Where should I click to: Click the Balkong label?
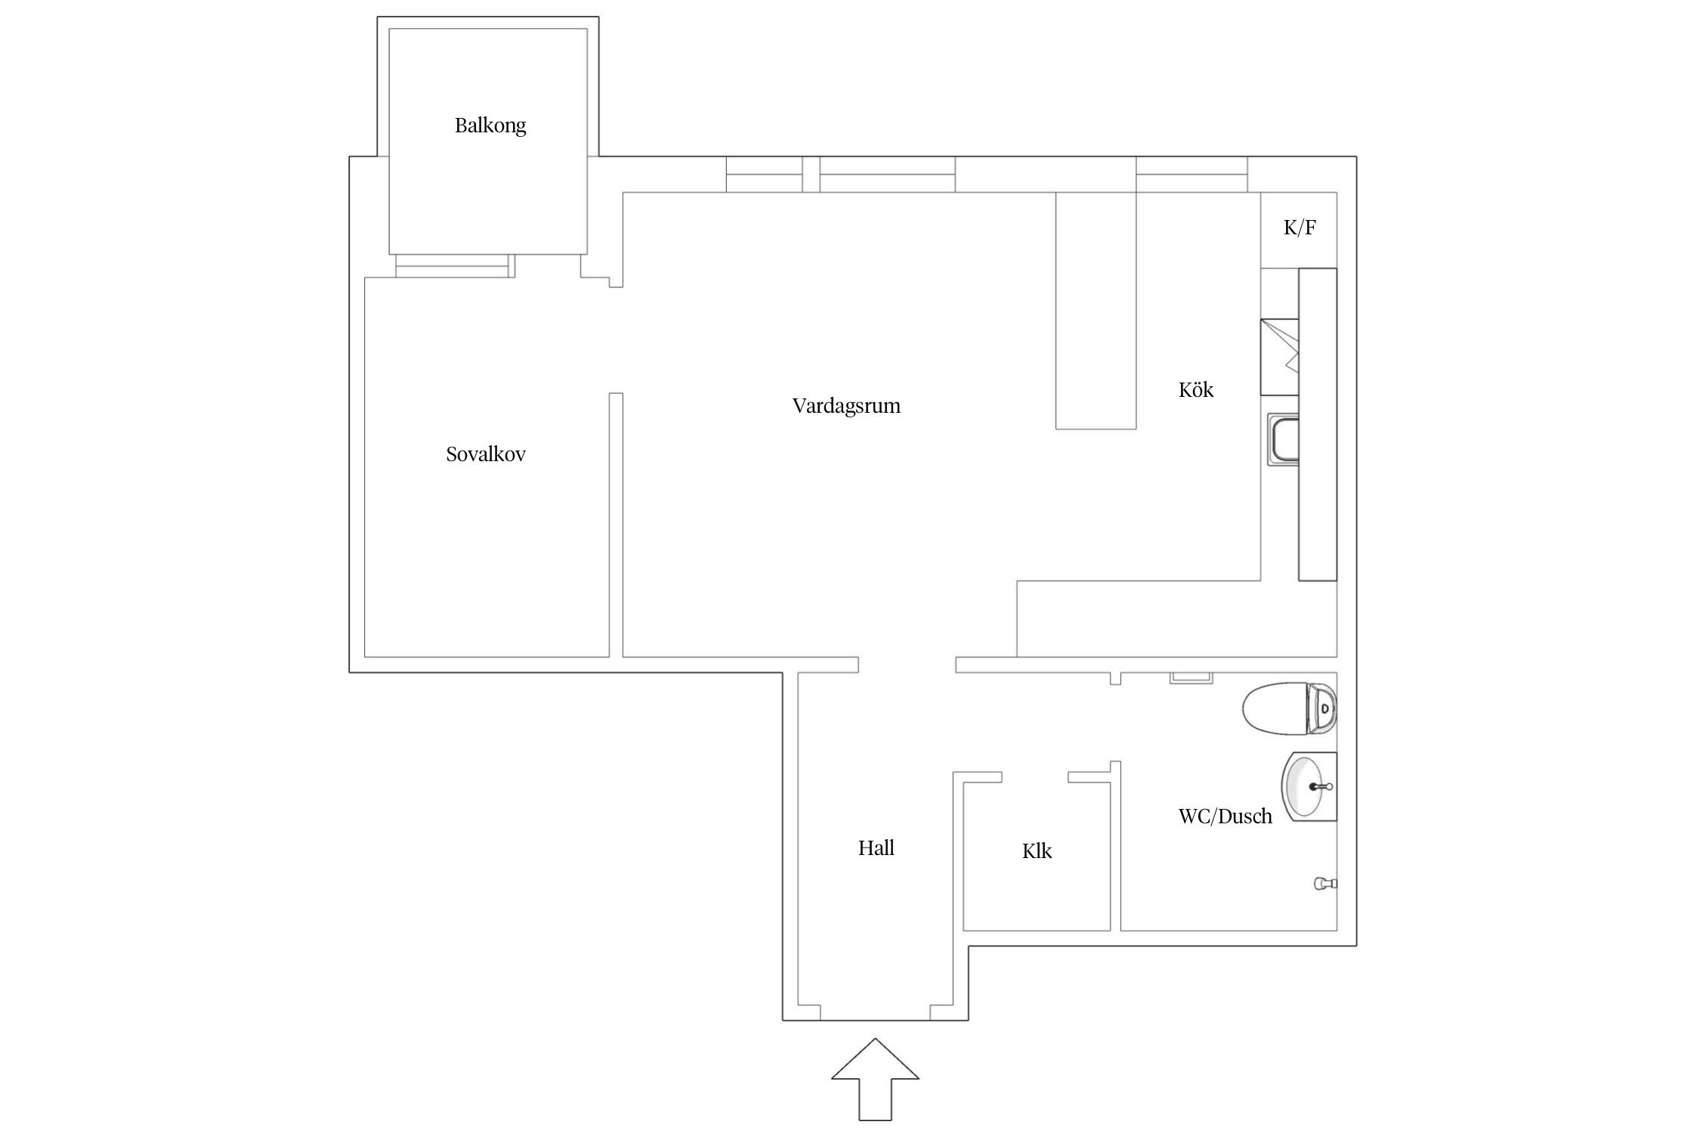tap(490, 125)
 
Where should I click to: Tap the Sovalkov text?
tap(486, 454)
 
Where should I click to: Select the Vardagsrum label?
tap(846, 406)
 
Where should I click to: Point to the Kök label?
tap(1196, 390)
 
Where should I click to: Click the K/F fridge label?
tap(1300, 228)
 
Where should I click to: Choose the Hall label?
tap(876, 848)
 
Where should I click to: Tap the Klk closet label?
tap(1037, 851)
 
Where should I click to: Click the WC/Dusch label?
tap(1226, 816)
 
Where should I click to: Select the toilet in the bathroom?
tap(1290, 708)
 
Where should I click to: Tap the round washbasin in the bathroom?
tap(1309, 786)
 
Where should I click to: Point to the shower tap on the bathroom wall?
tap(1326, 882)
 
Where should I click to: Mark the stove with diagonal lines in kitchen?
tap(1279, 357)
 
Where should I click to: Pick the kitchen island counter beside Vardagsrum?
tap(1096, 311)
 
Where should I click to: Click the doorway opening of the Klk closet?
tap(1034, 776)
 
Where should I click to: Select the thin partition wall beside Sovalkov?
tap(616, 525)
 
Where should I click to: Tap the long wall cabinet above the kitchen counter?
tap(1318, 424)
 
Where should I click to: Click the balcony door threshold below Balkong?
tap(455, 266)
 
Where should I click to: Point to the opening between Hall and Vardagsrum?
tap(907, 665)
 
